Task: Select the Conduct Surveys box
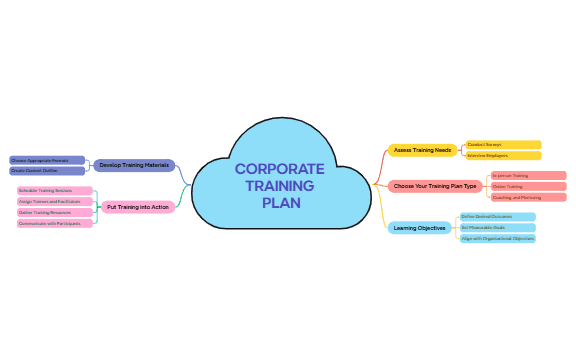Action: click(503, 145)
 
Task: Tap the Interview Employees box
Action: click(503, 156)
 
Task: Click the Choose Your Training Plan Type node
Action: click(434, 186)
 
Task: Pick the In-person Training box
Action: click(528, 175)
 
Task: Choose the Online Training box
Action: click(528, 186)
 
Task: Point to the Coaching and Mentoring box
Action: click(528, 197)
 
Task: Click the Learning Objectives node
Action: click(419, 228)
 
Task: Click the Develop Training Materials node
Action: click(134, 165)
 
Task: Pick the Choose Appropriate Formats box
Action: click(47, 160)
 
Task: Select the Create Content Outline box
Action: click(47, 171)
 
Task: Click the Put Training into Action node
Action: click(138, 207)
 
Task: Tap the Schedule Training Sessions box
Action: click(55, 190)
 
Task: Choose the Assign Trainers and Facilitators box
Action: click(55, 201)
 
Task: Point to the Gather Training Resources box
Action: click(55, 212)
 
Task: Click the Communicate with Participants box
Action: click(55, 223)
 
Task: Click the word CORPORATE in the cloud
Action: click(280, 169)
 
